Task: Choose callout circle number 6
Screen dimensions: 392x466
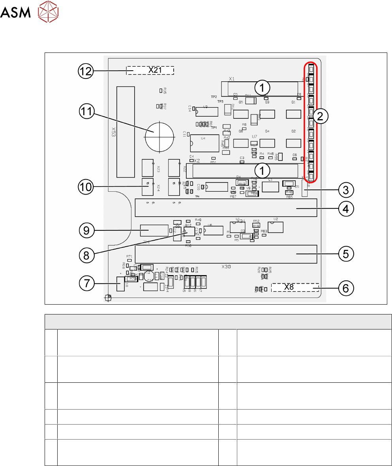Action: [x=346, y=288]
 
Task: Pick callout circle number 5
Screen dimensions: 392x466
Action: [x=346, y=254]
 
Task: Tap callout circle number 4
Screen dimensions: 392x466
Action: [x=346, y=208]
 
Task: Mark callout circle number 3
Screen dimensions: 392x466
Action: [x=346, y=190]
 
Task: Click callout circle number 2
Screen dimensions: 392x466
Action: [x=320, y=116]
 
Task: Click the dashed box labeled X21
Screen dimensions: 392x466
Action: [x=150, y=70]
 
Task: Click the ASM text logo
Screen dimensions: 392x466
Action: [x=15, y=13]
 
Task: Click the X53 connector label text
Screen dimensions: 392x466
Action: [x=113, y=132]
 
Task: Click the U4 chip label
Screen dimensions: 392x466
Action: [x=203, y=138]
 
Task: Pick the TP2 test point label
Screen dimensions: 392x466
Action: [x=214, y=97]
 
